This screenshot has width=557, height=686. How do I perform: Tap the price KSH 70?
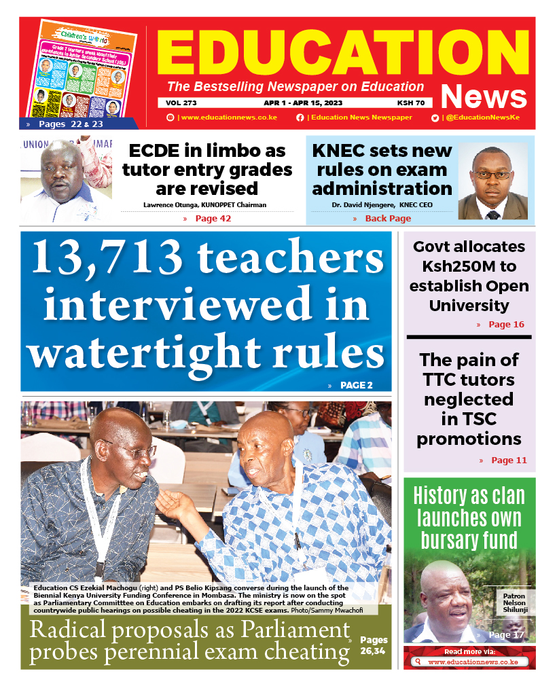pyautogui.click(x=411, y=103)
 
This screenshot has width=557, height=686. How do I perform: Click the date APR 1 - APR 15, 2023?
pyautogui.click(x=303, y=103)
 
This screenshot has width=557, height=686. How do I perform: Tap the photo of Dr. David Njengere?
pyautogui.click(x=492, y=181)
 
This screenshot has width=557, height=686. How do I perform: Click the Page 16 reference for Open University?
pyautogui.click(x=506, y=325)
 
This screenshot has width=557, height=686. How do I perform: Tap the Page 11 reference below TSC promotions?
pyautogui.click(x=508, y=461)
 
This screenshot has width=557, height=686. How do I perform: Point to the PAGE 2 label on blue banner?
pyautogui.click(x=356, y=385)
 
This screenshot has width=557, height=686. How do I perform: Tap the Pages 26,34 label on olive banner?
pyautogui.click(x=374, y=646)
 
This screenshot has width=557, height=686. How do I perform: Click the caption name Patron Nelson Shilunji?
pyautogui.click(x=514, y=603)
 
